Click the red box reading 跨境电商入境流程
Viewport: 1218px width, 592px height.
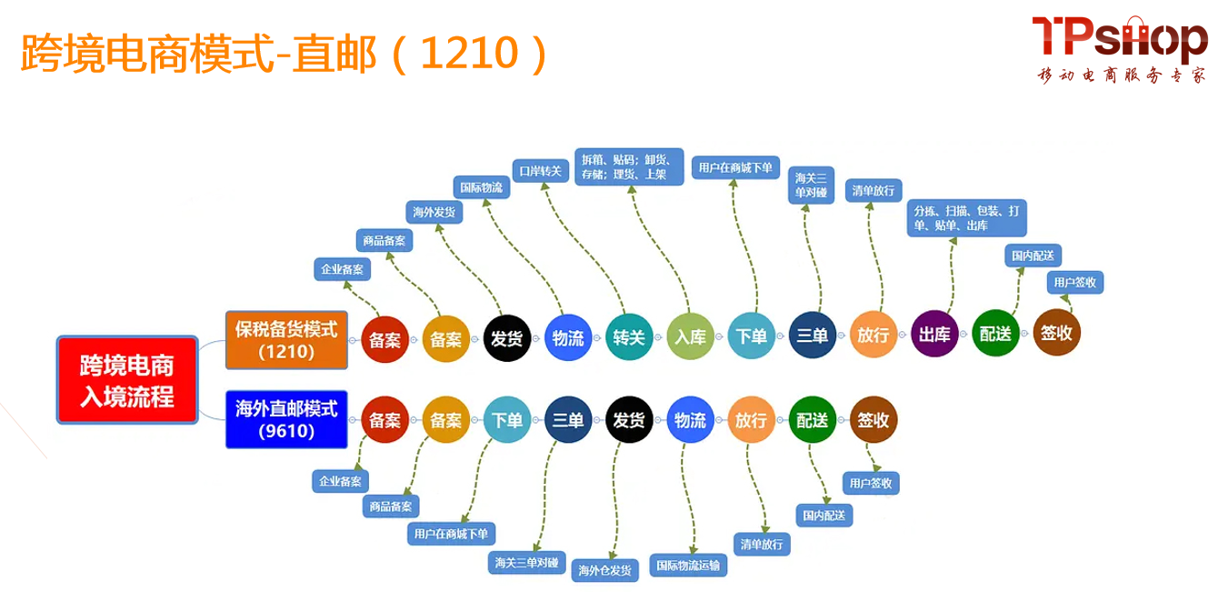[x=126, y=380]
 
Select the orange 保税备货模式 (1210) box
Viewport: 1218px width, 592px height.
[x=286, y=339]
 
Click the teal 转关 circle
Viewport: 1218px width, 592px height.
[x=628, y=336]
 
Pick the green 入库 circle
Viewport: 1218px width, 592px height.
[x=690, y=336]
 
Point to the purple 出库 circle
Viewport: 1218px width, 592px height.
[x=934, y=335]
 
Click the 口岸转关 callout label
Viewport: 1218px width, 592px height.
[x=540, y=170]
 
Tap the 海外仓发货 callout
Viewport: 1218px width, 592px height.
[x=605, y=570]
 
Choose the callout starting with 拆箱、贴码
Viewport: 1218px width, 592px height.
[x=624, y=166]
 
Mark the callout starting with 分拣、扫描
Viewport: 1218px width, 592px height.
[x=967, y=217]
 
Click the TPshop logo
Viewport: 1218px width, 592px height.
[x=1119, y=39]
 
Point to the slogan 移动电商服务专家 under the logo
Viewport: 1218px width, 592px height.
[x=1122, y=76]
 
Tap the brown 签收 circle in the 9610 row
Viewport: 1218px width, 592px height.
[x=874, y=420]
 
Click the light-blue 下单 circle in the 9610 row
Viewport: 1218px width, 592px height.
[x=506, y=420]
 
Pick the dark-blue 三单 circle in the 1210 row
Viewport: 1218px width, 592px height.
[x=812, y=336]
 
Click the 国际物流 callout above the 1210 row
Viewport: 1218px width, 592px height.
[x=481, y=188]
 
